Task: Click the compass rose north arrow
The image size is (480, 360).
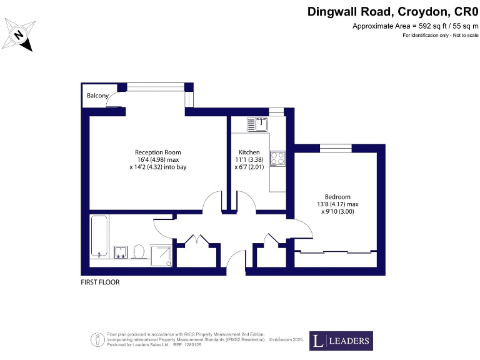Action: pyautogui.click(x=19, y=34)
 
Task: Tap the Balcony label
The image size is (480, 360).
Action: pyautogui.click(x=98, y=96)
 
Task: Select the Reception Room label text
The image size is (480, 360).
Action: pyautogui.click(x=158, y=152)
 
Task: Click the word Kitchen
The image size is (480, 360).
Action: pyautogui.click(x=249, y=152)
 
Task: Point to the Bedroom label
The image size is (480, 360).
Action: pyautogui.click(x=337, y=196)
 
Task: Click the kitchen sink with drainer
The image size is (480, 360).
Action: pyautogui.click(x=257, y=124)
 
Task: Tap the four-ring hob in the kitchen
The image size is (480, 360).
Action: pyautogui.click(x=277, y=159)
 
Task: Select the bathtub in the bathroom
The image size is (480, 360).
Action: pyautogui.click(x=99, y=235)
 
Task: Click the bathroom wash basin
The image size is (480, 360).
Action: pyautogui.click(x=121, y=252)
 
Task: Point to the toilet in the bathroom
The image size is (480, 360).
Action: pyautogui.click(x=139, y=251)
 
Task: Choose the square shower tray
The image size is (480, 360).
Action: pyautogui.click(x=161, y=254)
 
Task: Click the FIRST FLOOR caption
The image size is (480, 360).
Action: pyautogui.click(x=100, y=282)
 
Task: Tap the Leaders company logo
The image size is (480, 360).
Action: pyautogui.click(x=341, y=341)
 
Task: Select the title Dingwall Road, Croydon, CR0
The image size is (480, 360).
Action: pyautogui.click(x=393, y=11)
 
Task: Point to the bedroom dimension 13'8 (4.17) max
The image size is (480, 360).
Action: pyautogui.click(x=337, y=204)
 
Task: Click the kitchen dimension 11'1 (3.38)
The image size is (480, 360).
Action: pyautogui.click(x=249, y=159)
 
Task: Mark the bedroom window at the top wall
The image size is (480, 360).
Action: pyautogui.click(x=331, y=148)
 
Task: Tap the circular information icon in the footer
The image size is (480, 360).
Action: pyautogui.click(x=97, y=340)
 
